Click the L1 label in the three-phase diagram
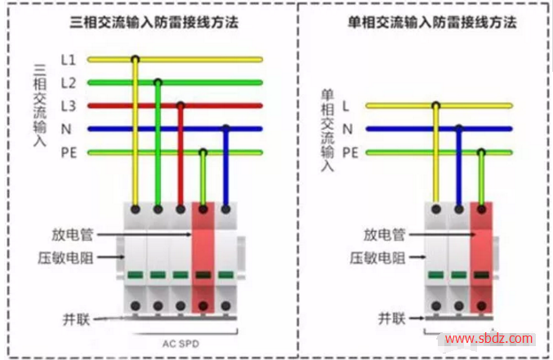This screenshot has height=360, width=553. point(69,60)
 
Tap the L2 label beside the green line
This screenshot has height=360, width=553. point(69,82)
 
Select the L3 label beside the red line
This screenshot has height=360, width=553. point(69,105)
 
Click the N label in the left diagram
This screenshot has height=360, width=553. point(67,129)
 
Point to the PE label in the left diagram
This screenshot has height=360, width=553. point(69,152)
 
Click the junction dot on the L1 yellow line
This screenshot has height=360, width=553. point(135,59)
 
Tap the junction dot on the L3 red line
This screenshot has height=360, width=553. point(181,105)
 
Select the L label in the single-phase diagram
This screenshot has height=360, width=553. point(346,105)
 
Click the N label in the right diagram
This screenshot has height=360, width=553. point(347,129)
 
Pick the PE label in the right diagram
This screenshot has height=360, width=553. point(350,152)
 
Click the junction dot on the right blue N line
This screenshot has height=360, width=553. point(459,129)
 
